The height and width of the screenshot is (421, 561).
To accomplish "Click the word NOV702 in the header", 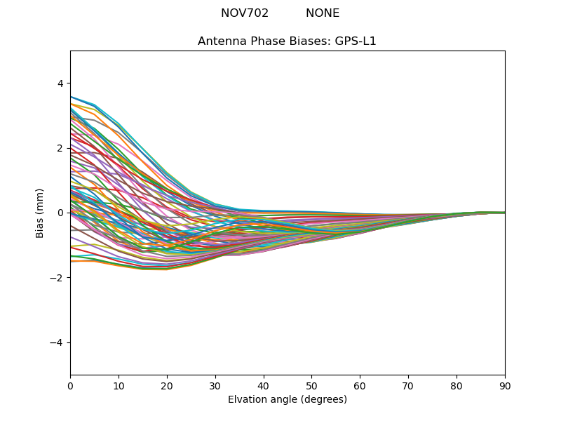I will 245,13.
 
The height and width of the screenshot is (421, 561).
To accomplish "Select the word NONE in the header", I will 323,13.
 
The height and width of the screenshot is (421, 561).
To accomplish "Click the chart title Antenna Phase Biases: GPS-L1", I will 287,41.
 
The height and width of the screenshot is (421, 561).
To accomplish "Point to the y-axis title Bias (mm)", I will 40,213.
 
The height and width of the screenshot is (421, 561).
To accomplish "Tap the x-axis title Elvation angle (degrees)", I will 288,400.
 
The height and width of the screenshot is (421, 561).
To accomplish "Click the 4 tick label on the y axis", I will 60,83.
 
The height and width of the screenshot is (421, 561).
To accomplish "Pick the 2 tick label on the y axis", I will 60,148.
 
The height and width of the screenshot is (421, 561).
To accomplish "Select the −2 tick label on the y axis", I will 58,278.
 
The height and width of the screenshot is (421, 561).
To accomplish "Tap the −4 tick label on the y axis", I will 58,342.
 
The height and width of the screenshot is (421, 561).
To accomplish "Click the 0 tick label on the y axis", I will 60,213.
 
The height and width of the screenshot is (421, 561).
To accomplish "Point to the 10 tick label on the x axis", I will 119,385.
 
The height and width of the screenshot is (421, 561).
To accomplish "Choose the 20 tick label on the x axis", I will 167,385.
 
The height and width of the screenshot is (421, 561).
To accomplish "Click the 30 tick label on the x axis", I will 215,385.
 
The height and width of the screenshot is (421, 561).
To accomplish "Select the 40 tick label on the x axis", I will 264,385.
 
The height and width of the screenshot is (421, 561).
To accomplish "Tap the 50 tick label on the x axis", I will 311,385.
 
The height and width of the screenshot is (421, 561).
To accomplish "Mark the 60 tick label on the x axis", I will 360,385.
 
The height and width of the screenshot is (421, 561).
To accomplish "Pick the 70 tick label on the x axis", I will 408,385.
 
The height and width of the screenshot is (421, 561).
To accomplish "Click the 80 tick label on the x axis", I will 457,385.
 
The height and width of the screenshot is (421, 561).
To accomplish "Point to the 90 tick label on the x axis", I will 505,385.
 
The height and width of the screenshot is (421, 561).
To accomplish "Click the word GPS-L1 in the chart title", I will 356,41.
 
